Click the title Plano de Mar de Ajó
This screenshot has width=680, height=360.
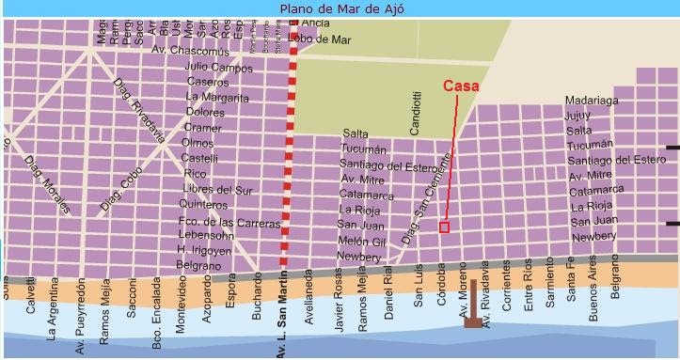pos(340,10)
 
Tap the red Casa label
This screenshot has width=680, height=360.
pos(462,86)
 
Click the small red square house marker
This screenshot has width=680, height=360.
pos(444,227)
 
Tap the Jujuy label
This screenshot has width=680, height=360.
pos(577,116)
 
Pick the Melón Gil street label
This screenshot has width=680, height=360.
pos(362,242)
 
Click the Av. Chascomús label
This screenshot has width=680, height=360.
pos(191,51)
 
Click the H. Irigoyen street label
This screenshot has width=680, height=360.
pos(205,250)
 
